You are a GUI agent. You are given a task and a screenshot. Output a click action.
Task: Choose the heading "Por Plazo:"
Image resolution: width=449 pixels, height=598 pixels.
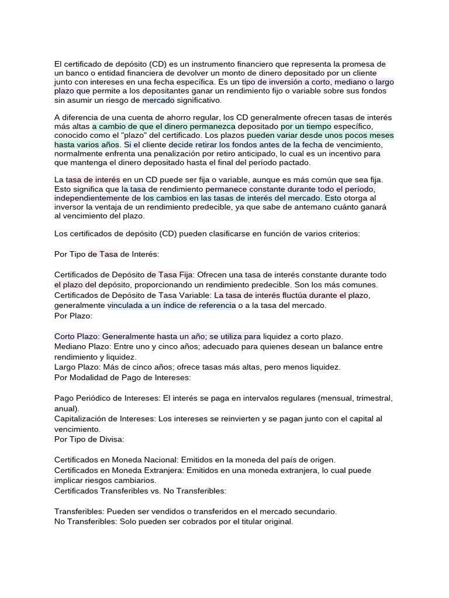(73, 315)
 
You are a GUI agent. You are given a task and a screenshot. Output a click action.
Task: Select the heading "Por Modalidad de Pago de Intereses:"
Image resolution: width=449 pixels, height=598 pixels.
(122, 377)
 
